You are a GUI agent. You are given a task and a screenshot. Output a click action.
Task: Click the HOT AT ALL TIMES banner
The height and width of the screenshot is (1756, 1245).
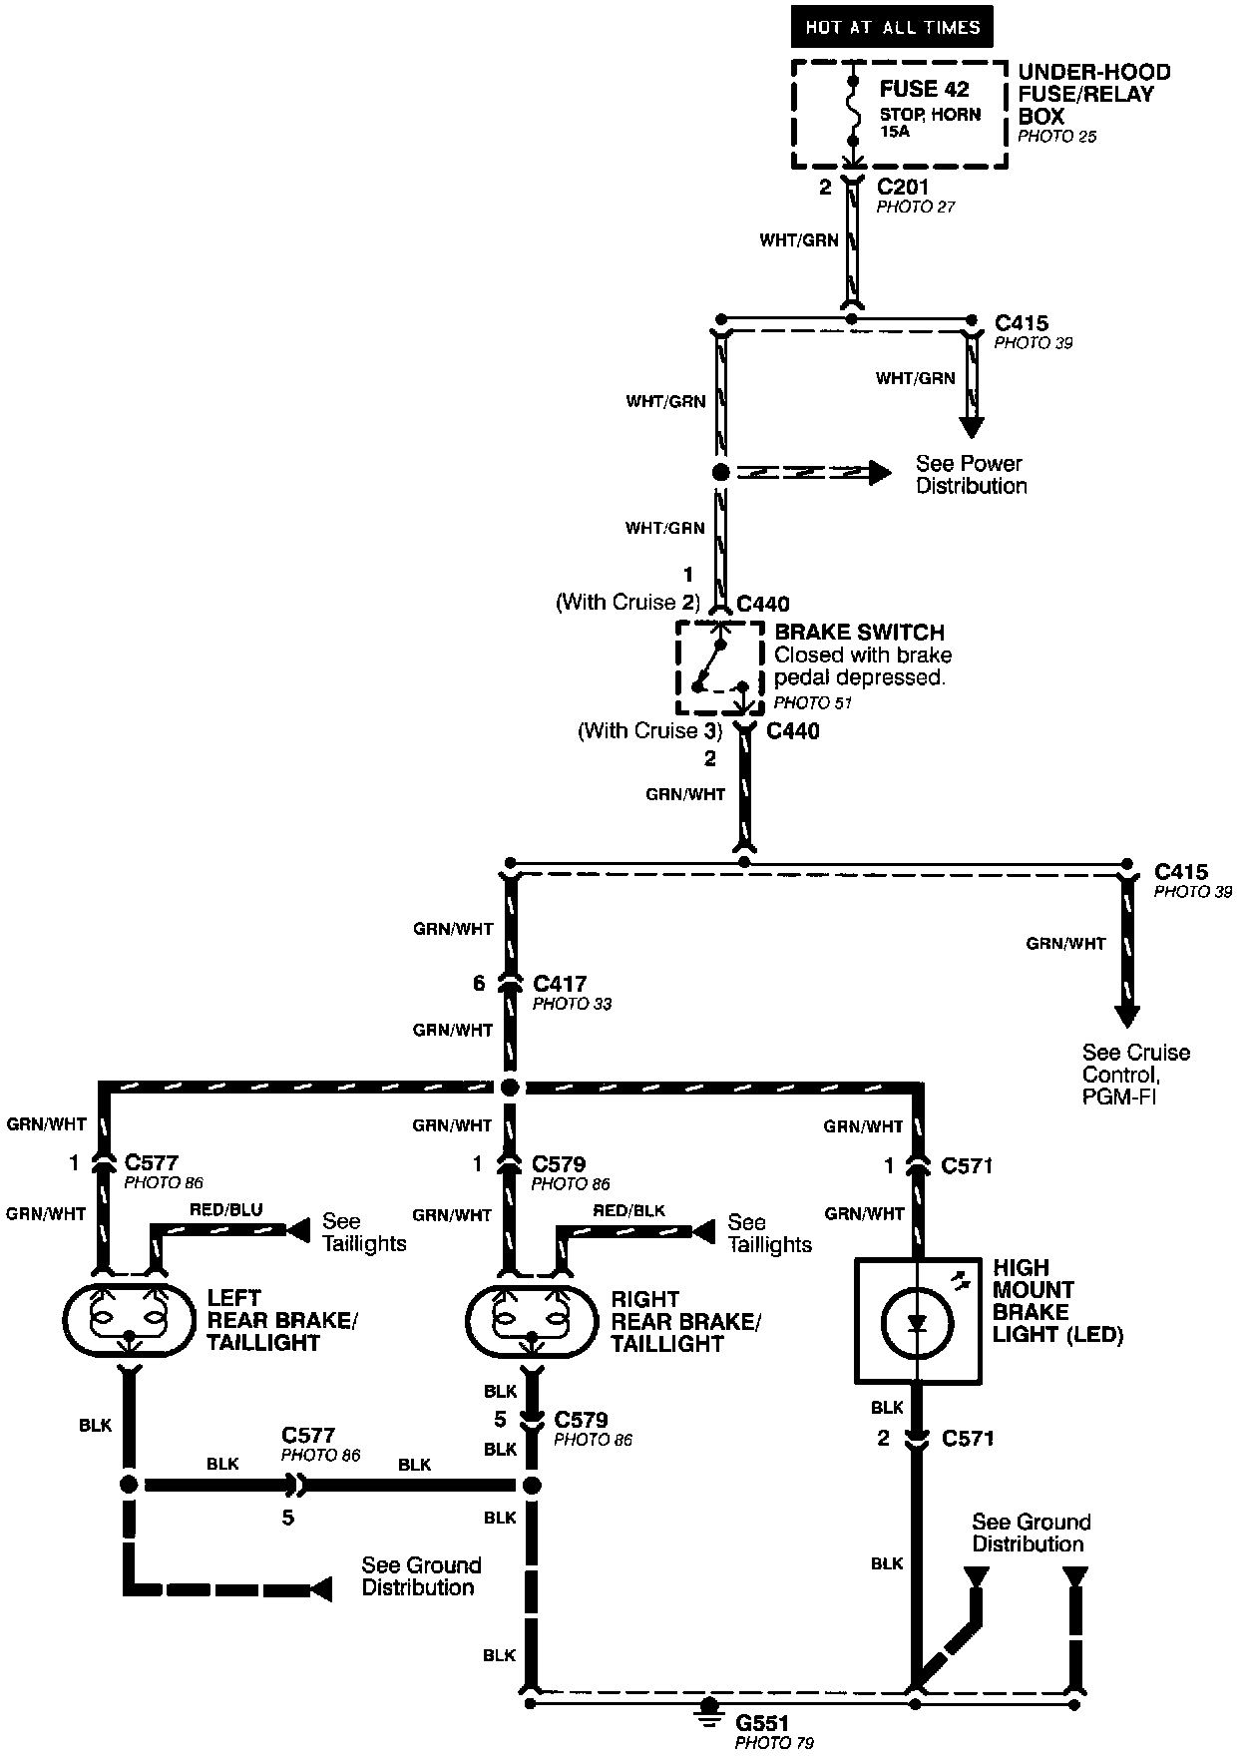pos(892,28)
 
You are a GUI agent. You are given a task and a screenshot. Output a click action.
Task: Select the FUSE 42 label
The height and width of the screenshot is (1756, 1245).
pos(924,89)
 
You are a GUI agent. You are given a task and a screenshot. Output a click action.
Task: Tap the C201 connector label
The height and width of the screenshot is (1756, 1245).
pos(902,187)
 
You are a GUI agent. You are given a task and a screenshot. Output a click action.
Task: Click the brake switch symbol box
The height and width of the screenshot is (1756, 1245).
pos(720,668)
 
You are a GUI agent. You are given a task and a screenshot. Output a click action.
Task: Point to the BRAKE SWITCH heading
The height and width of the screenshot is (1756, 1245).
pos(859,633)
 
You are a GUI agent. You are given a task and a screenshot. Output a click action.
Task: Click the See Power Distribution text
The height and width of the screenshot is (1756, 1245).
pos(971,475)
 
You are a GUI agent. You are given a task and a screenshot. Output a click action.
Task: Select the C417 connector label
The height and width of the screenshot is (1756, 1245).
pos(560,985)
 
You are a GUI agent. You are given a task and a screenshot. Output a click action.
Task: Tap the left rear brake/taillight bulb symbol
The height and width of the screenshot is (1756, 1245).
pos(128,1321)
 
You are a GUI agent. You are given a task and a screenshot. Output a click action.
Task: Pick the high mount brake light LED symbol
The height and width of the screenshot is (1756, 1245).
pos(918,1322)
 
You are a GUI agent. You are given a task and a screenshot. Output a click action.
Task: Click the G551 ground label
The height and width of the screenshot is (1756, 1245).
pos(763,1723)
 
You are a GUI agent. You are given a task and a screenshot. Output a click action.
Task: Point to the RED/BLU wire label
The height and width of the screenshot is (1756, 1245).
pos(225,1210)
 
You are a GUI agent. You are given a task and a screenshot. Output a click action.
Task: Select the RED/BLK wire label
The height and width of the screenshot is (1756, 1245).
pos(628,1211)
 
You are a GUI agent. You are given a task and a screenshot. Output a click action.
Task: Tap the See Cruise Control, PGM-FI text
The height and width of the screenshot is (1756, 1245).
pos(1136,1075)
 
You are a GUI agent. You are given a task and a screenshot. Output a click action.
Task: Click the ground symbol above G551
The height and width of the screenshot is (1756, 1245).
pos(709,1710)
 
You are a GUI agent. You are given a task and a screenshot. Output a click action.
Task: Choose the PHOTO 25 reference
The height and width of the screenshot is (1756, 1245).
pos(1056,137)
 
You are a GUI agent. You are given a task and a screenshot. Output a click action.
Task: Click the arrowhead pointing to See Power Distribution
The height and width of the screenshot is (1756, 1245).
pos(879,472)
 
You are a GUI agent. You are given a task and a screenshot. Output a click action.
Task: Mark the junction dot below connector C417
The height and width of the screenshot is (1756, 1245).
pos(510,1087)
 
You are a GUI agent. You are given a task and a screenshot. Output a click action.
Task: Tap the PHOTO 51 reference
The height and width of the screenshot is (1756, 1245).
pos(812,702)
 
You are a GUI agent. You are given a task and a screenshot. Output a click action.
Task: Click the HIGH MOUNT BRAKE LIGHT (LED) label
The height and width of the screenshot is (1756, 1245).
pos(1057,1301)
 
